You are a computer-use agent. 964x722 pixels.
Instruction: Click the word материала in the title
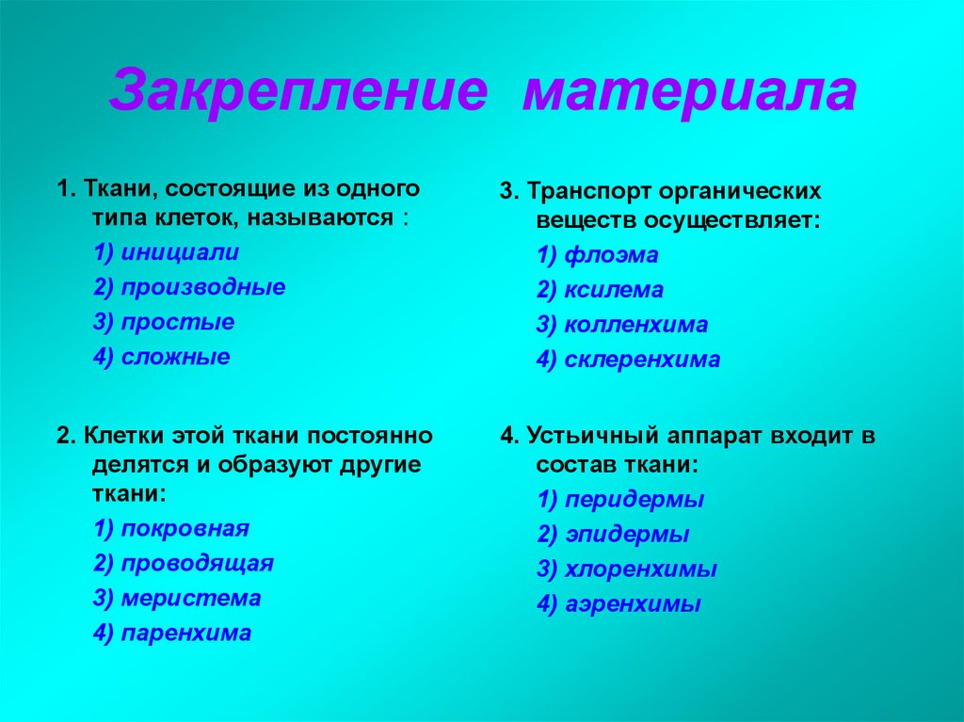click(689, 91)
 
